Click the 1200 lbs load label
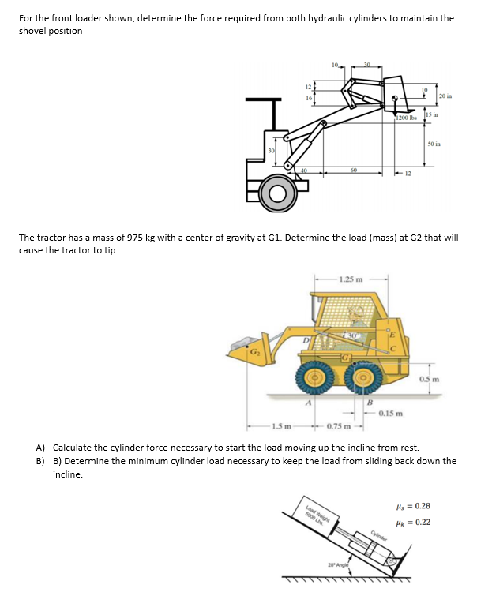(406, 118)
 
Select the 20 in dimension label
(445, 96)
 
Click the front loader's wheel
(278, 193)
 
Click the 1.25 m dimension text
(350, 279)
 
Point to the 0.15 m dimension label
(392, 412)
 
